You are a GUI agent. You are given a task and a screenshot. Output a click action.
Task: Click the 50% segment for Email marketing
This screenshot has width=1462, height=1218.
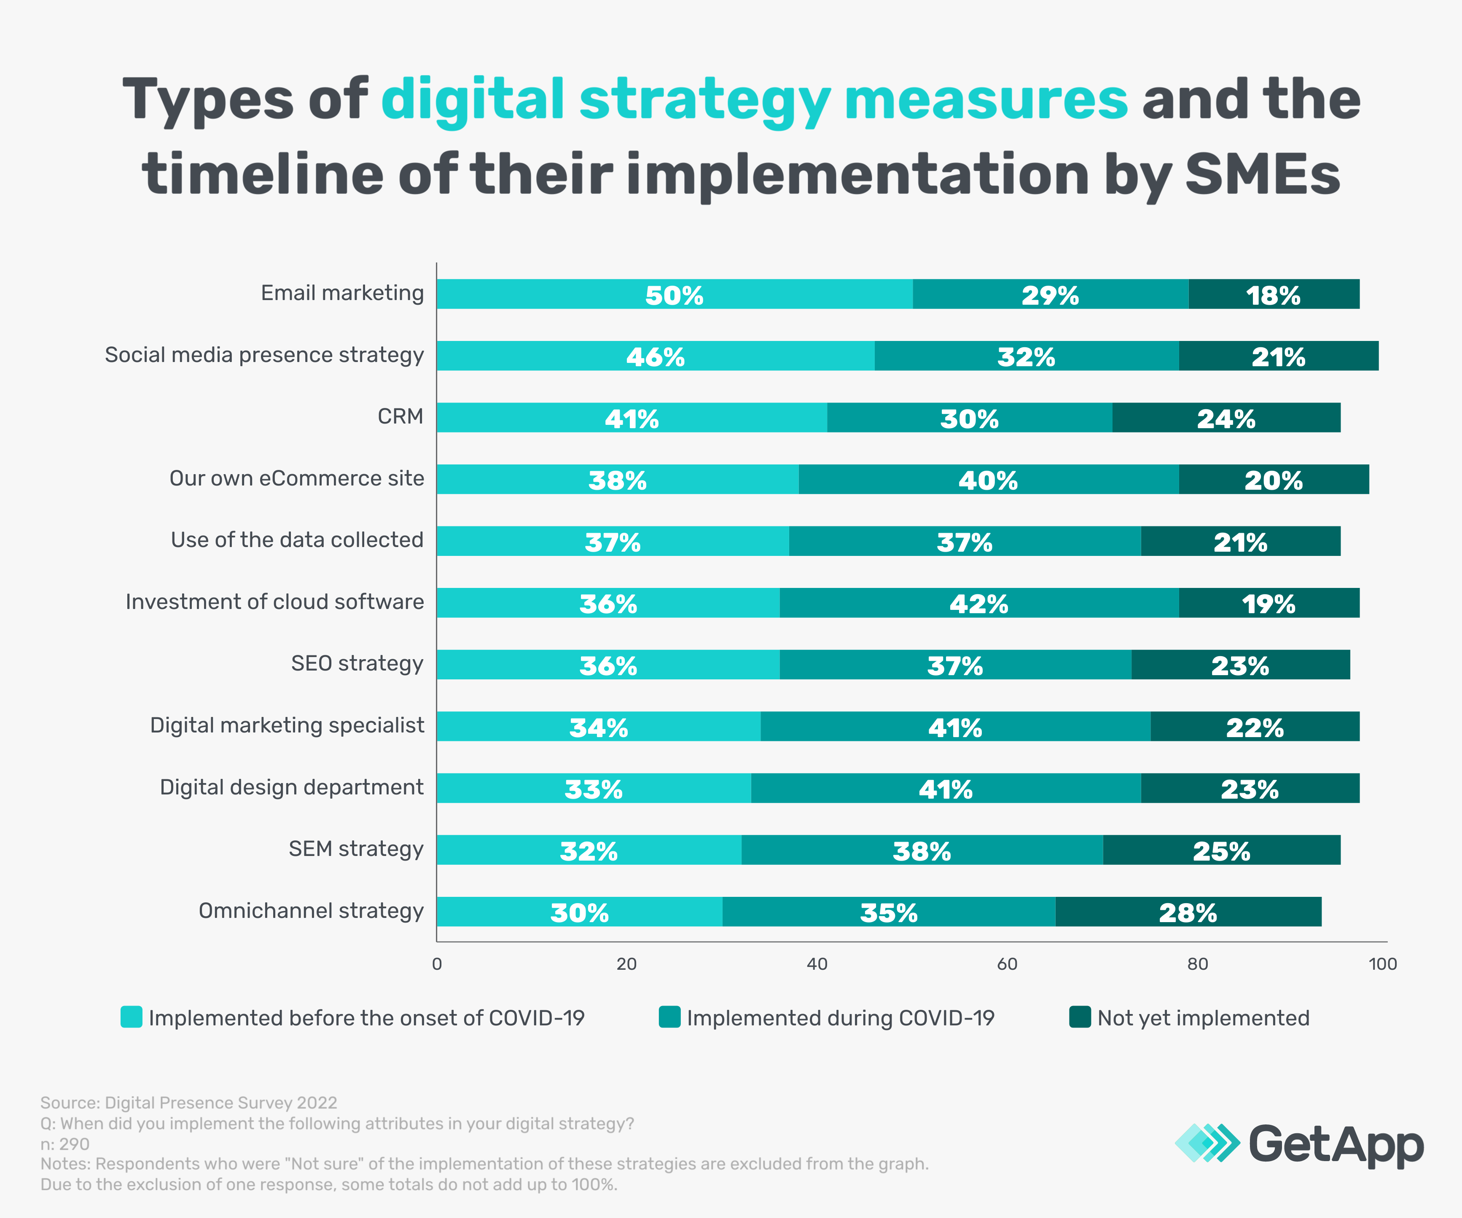coord(674,295)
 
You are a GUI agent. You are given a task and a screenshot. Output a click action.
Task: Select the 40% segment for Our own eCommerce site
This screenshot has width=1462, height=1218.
coord(988,480)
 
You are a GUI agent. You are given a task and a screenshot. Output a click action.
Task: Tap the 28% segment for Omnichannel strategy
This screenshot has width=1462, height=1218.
coord(1188,912)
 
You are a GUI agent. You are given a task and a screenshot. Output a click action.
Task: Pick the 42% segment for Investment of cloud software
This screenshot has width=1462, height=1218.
coord(979,603)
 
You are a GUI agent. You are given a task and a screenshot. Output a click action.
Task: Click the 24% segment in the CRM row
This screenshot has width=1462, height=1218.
coord(1226,418)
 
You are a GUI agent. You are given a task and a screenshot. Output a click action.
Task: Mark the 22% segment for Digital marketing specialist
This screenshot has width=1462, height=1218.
coord(1255,727)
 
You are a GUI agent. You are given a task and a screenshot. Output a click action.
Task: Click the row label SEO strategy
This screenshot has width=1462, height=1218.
coord(357,663)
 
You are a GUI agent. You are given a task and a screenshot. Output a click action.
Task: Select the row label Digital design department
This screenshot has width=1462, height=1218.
coord(292,787)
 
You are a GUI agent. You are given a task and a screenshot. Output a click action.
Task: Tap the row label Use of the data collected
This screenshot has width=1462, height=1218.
coord(297,540)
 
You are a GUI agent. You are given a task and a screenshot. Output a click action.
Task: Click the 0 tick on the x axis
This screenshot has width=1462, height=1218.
coord(437,964)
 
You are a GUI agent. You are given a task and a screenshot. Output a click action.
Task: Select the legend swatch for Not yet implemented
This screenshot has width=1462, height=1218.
coord(1080,1017)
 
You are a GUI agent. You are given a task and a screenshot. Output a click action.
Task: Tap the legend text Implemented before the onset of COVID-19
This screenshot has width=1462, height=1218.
coord(366,1018)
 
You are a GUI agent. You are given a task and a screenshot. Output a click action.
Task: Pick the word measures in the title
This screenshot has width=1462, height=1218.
coord(986,99)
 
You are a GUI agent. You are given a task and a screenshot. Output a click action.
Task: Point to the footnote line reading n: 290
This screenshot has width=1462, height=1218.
coord(65,1143)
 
